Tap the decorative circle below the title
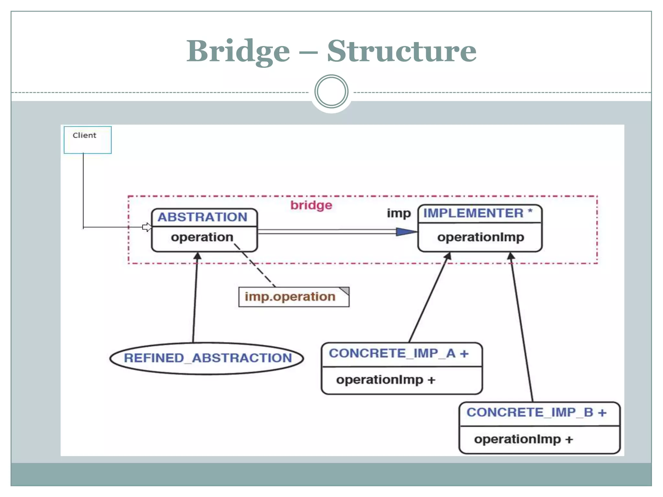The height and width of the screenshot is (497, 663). coord(331,92)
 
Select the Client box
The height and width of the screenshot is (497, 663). coord(87,140)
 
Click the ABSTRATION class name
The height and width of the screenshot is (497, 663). coord(202,217)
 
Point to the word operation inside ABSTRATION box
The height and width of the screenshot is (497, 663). coord(202,237)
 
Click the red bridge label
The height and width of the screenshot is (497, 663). coord(311,205)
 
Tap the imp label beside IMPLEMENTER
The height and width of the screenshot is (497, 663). coord(399,214)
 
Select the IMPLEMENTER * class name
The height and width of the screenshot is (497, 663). coord(478,213)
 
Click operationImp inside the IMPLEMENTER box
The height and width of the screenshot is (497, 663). coord(480,237)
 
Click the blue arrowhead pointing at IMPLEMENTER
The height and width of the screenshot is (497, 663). coord(406,232)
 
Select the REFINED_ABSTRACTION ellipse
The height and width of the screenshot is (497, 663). coord(207,358)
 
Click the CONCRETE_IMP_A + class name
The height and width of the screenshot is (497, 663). coord(399,353)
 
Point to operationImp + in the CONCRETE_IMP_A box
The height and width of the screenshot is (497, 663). coord(385,380)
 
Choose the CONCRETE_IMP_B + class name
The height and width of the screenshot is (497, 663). coord(536,413)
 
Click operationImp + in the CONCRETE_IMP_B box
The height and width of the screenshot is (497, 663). coord(523,439)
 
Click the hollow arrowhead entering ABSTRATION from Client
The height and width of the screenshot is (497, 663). coord(147,227)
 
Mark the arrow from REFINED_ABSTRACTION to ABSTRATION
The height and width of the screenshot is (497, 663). coord(195,298)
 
